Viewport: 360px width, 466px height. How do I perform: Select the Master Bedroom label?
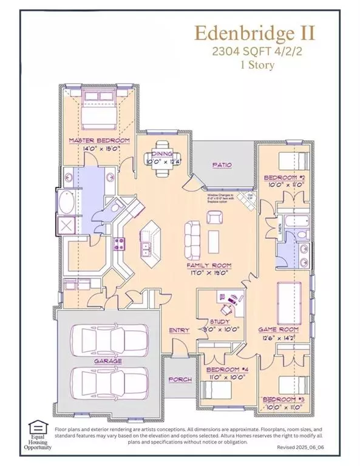coord(99,140)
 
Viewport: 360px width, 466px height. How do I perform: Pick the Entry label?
coord(180,330)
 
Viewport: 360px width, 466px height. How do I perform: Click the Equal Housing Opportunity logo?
coord(38,435)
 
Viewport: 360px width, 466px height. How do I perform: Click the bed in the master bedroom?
coord(99,107)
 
